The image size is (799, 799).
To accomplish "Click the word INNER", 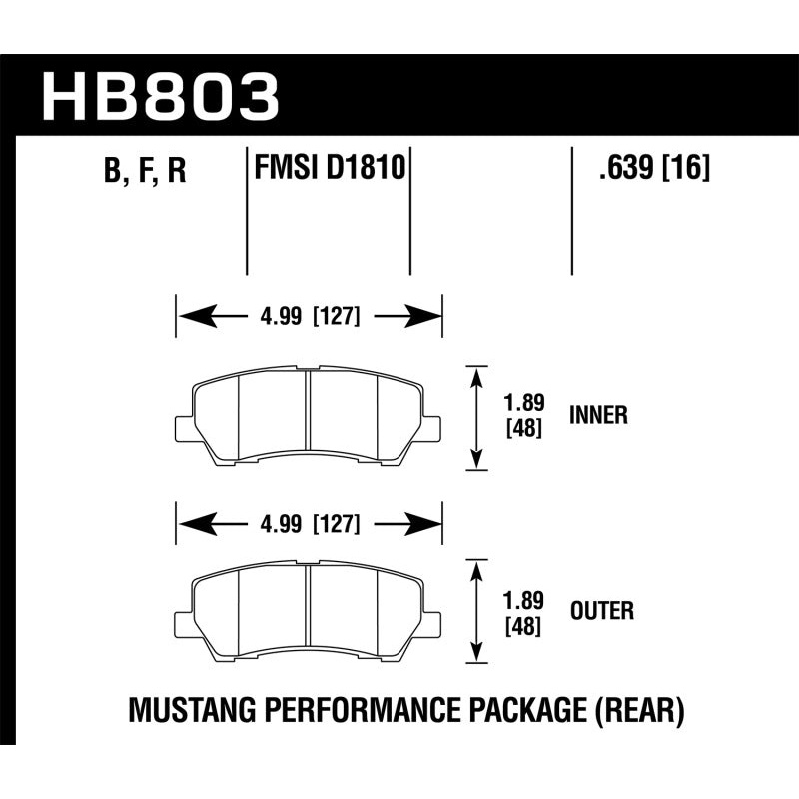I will (598, 416).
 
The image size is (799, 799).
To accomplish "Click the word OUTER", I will (601, 610).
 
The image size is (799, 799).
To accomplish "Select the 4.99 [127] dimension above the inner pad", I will (309, 319).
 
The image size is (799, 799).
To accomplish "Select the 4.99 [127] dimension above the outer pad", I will (309, 523).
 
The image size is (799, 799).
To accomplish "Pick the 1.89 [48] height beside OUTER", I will (523, 611).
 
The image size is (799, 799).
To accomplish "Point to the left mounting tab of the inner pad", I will (184, 428).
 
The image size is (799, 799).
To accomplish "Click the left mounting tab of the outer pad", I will (184, 622).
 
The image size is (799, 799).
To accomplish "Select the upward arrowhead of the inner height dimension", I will (477, 376).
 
